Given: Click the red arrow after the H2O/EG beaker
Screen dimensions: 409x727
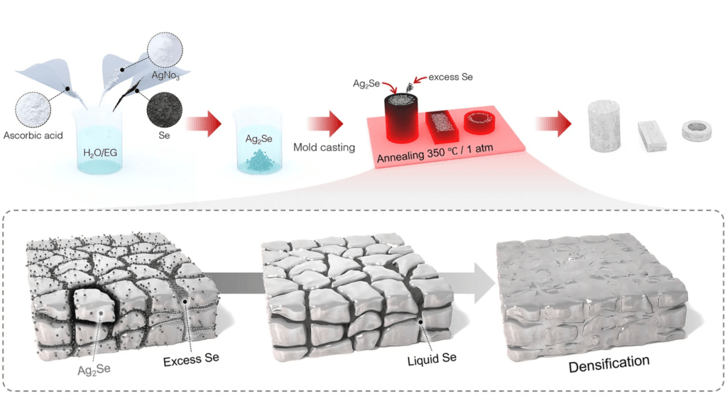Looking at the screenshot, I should pos(203,125).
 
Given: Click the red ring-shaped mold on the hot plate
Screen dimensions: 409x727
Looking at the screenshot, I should pos(481,123).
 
